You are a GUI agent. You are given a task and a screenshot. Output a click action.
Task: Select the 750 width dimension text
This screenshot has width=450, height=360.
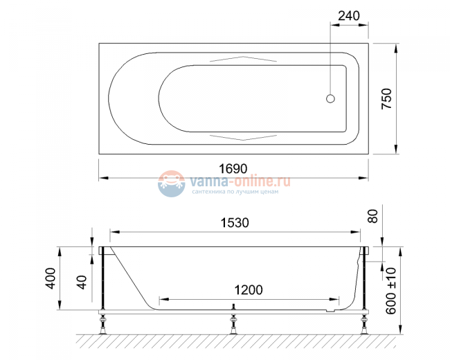[388, 98]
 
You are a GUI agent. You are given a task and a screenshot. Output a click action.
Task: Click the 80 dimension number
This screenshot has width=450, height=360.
[374, 216]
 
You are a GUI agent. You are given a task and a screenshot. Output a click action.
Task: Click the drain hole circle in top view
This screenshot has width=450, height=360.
[330, 99]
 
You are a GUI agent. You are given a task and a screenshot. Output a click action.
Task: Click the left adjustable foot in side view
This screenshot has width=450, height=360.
[104, 323]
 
